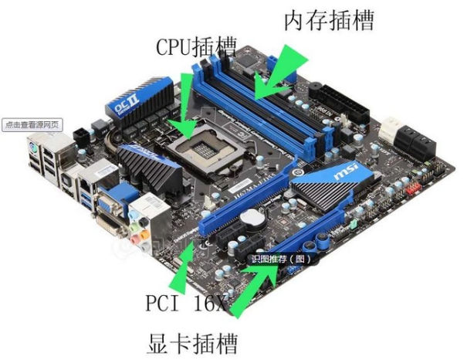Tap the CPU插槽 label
pos(196,46)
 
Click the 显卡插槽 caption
pos(191,341)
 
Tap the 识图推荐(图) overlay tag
pos(281,260)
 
